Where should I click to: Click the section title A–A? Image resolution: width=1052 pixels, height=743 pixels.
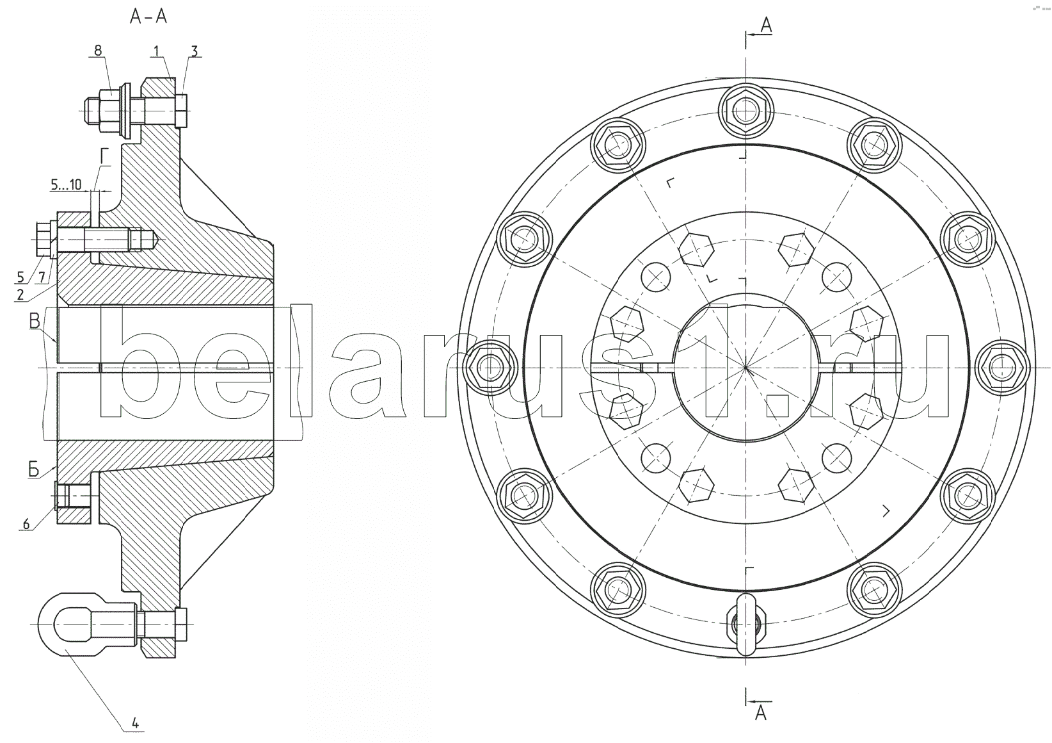[148, 17]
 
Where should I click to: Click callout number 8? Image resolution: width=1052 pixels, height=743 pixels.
[98, 51]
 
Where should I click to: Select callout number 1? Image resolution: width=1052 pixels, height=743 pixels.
[156, 51]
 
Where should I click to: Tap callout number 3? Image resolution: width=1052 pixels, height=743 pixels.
[195, 51]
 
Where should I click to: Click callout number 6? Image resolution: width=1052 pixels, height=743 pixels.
[26, 524]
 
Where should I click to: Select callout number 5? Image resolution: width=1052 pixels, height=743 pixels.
[20, 277]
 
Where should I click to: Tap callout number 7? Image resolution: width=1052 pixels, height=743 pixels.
[42, 277]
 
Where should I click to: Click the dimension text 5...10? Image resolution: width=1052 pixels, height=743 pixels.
[66, 184]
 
